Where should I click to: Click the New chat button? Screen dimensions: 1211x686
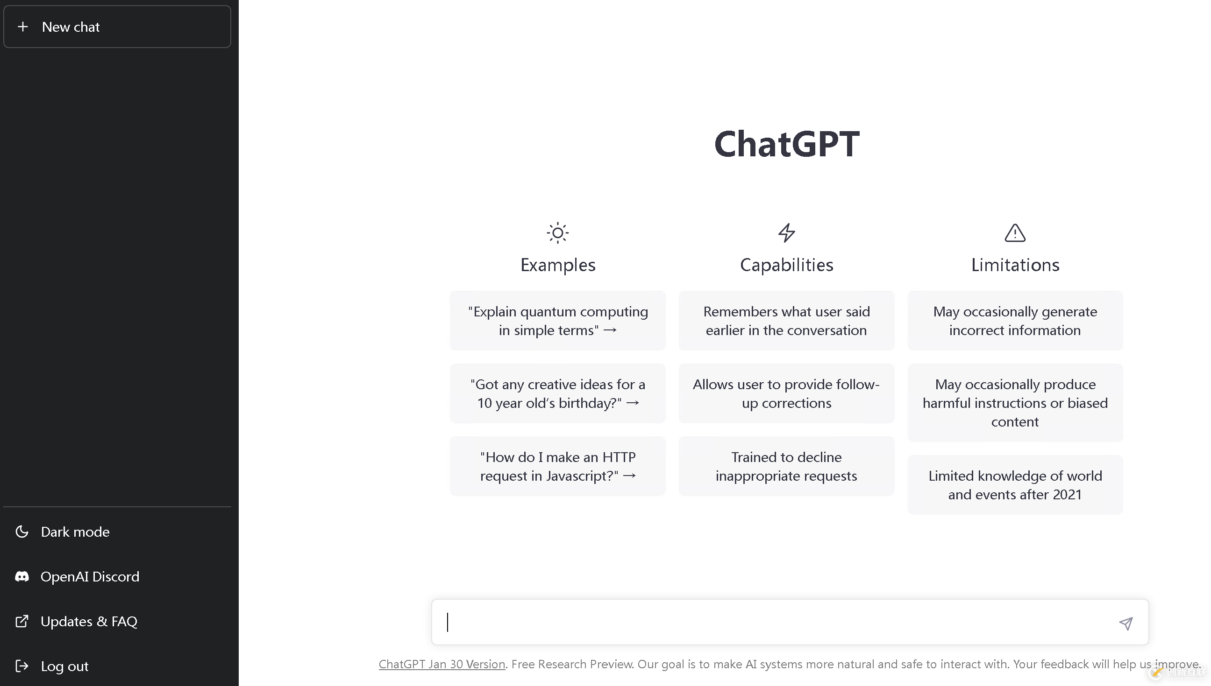117,27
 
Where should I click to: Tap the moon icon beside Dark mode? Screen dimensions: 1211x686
21,532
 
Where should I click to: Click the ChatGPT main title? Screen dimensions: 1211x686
787,144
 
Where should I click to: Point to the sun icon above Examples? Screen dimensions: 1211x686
558,233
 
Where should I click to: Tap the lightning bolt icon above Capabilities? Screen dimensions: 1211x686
787,233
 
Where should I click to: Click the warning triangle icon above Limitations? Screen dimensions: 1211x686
1015,233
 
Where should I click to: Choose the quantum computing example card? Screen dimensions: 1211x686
558,321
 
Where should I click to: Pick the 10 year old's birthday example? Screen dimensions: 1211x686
558,393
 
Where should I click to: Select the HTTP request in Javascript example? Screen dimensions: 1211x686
558,466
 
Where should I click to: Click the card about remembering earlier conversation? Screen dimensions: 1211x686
787,321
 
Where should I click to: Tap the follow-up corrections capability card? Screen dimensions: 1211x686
787,393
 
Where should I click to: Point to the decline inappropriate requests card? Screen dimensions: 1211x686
787,466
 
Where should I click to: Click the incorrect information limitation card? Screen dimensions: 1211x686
1015,321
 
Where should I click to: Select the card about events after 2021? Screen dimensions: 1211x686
1015,485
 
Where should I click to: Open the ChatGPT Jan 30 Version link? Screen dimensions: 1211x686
442,665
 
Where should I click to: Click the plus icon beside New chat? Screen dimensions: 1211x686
22,27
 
